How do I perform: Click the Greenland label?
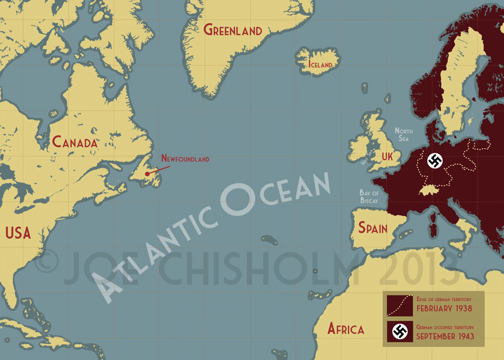pos(232,30)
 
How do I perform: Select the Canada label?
pos(74,142)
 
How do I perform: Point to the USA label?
pos(18,233)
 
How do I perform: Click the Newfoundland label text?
pos(185,159)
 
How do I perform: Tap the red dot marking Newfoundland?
pos(147,173)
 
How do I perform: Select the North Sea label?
pos(403,134)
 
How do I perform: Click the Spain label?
pos(373,228)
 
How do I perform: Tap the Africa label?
pos(345,328)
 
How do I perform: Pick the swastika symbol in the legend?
pos(398,331)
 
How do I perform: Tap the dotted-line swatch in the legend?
pos(398,304)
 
